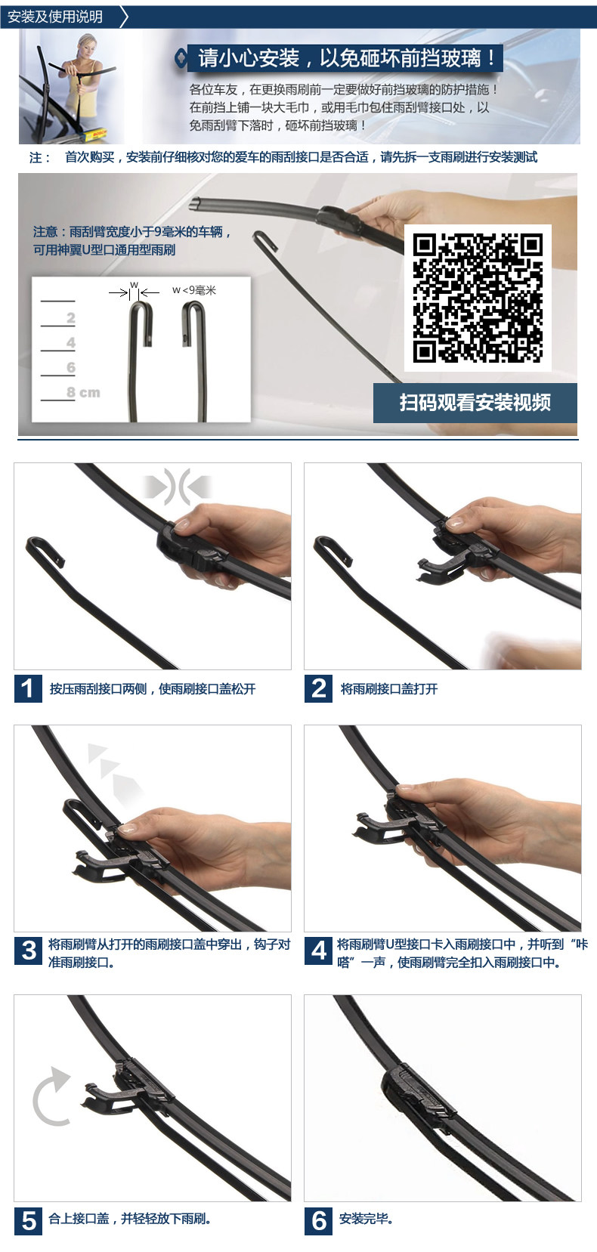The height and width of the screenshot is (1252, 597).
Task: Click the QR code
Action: (x=478, y=298)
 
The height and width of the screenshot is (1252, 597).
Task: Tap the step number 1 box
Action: (x=28, y=688)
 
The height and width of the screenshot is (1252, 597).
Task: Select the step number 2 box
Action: (x=319, y=688)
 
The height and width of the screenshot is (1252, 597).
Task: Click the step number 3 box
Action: (x=28, y=951)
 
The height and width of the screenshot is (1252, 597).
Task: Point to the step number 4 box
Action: (x=319, y=951)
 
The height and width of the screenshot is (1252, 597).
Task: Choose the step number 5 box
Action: (x=28, y=1221)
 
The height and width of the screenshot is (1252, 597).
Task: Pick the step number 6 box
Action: (x=319, y=1221)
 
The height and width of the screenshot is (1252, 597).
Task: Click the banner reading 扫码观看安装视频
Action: (x=475, y=403)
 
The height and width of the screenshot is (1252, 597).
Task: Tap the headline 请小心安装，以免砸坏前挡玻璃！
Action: (x=347, y=57)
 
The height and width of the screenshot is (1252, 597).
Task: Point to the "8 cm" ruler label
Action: (x=83, y=392)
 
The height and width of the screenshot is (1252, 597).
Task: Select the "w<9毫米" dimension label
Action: (x=194, y=289)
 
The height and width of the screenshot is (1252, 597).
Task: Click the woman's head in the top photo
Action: (x=87, y=45)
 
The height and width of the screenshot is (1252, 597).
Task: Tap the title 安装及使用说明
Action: (x=55, y=17)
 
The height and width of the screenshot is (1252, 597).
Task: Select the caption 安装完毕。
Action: (x=367, y=1219)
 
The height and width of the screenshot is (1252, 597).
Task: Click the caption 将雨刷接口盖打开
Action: (x=389, y=688)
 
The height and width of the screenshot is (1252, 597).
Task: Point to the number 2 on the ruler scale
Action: (x=71, y=318)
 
